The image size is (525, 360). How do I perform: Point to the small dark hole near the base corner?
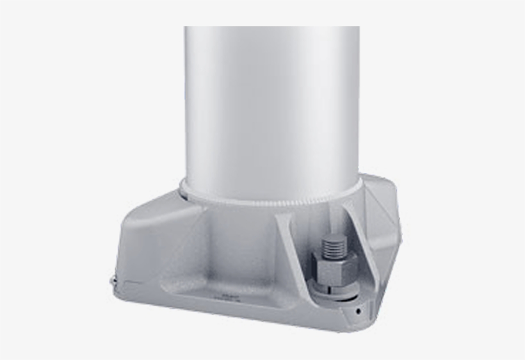[x=359, y=311]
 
